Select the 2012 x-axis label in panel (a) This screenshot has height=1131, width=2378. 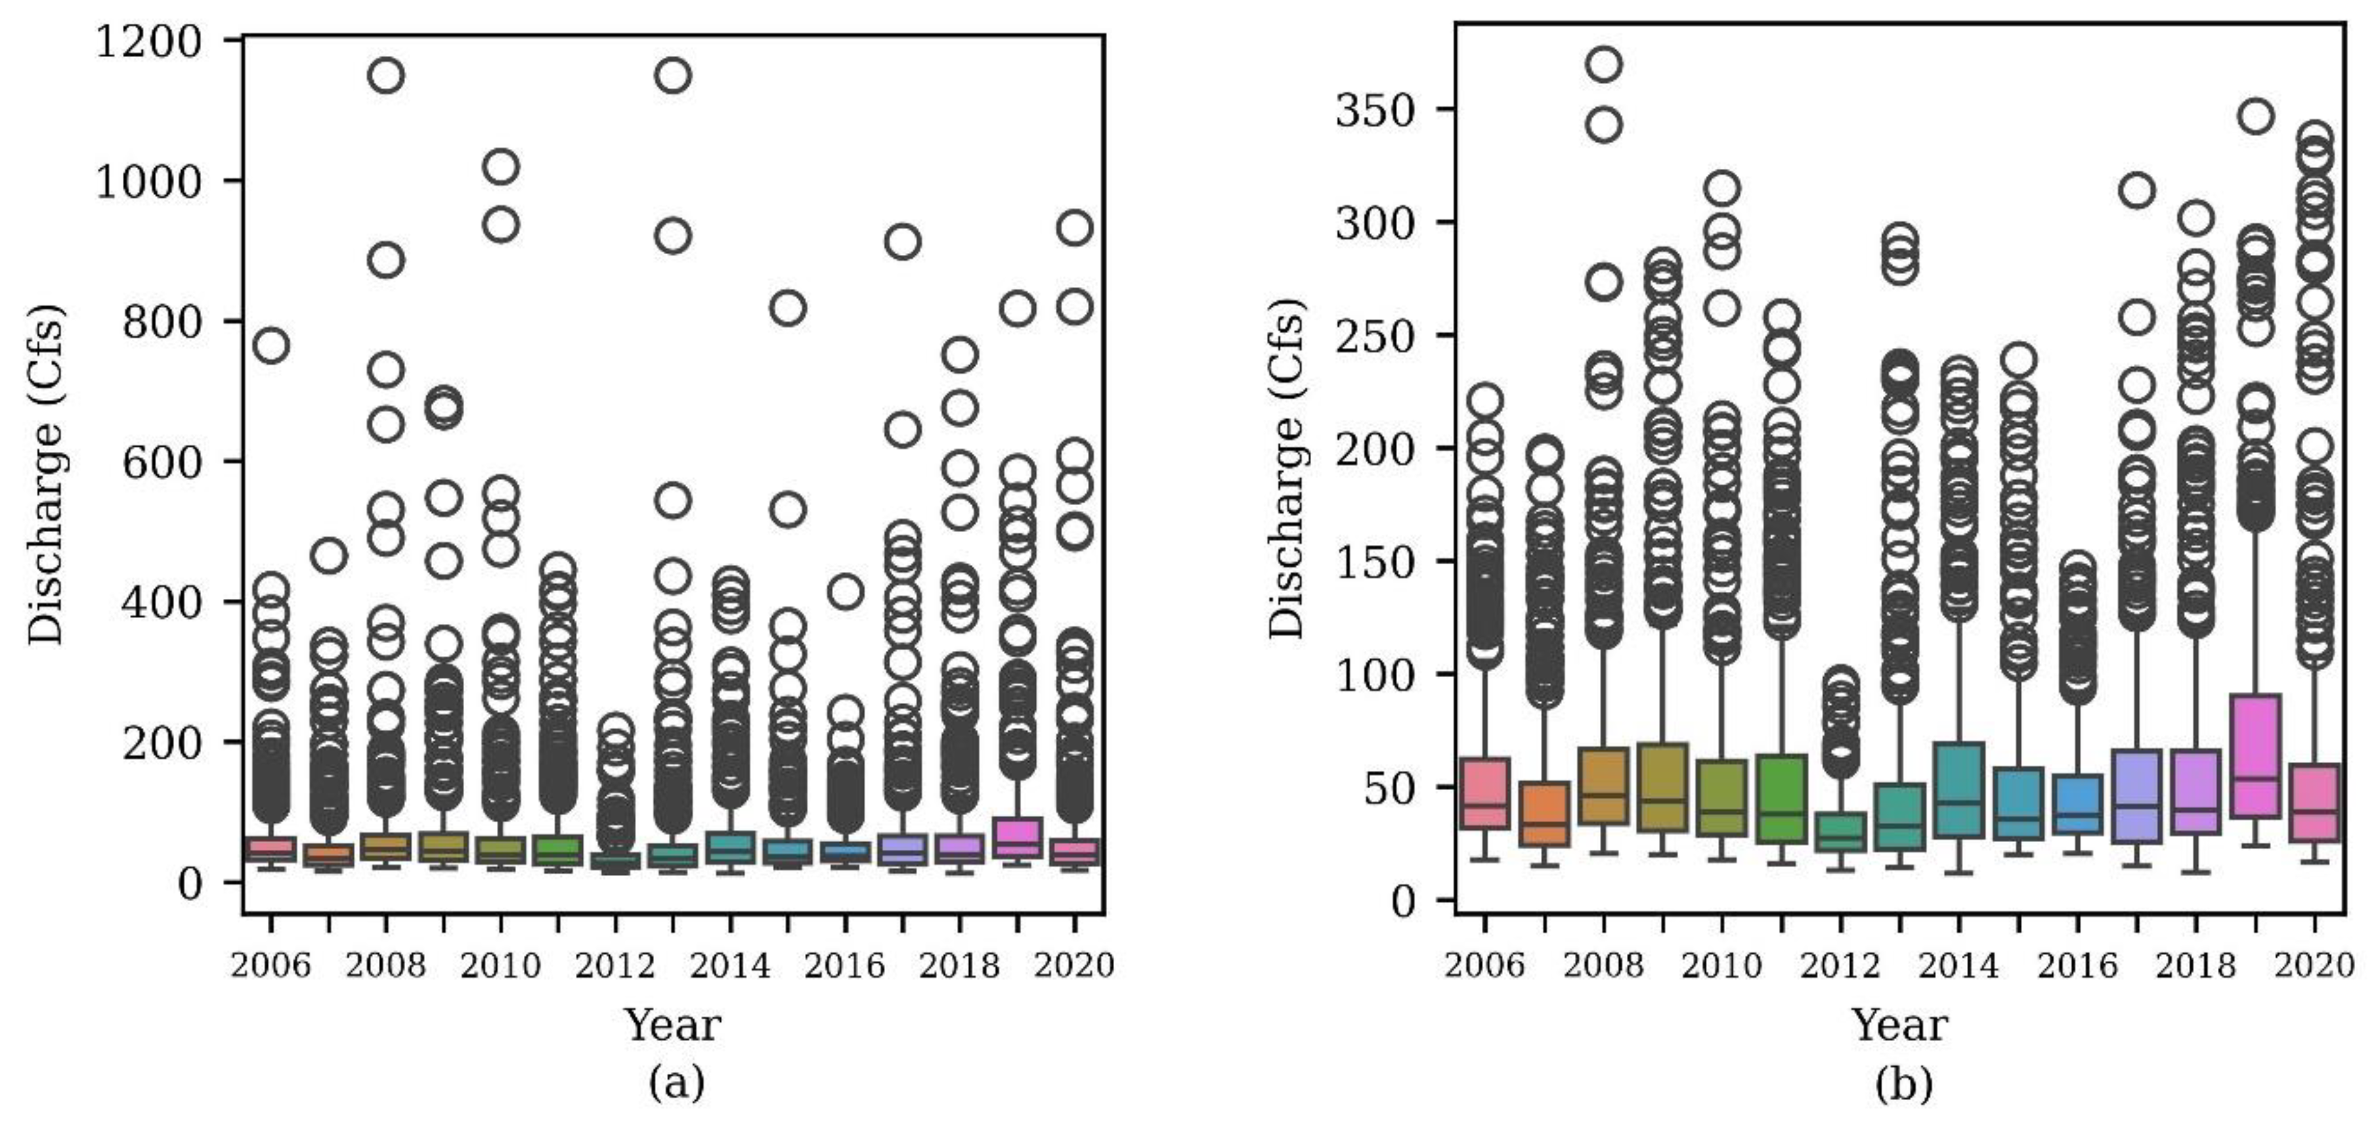point(615,965)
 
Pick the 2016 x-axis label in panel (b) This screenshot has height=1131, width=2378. point(2077,965)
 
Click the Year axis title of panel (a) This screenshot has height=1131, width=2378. point(672,1024)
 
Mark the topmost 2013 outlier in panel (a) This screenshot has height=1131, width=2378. point(673,75)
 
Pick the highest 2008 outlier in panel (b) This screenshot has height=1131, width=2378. point(1605,64)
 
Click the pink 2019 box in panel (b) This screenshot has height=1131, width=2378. point(2255,755)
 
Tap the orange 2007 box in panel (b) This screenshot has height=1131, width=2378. point(1544,813)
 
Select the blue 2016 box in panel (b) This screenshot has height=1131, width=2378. point(2078,803)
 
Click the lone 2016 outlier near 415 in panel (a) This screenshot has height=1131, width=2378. point(845,591)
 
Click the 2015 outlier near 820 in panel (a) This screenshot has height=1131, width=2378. point(787,307)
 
